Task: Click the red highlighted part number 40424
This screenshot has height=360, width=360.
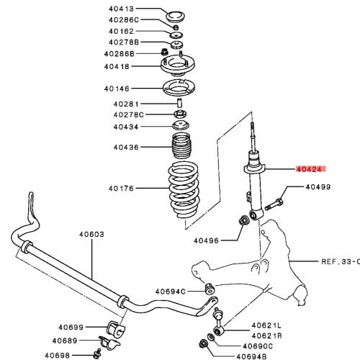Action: pyautogui.click(x=309, y=169)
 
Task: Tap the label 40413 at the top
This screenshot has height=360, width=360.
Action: pyautogui.click(x=121, y=9)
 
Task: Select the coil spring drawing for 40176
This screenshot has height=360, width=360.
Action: pyautogui.click(x=184, y=189)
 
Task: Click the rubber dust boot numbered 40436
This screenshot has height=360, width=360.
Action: pyautogui.click(x=181, y=145)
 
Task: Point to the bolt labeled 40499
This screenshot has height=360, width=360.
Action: pyautogui.click(x=274, y=204)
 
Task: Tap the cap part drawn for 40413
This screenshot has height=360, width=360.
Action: pyautogui.click(x=176, y=17)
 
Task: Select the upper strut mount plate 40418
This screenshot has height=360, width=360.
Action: pyautogui.click(x=178, y=64)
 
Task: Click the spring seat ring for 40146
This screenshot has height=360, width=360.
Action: pyautogui.click(x=179, y=88)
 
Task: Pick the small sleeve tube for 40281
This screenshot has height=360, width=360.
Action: pyautogui.click(x=179, y=103)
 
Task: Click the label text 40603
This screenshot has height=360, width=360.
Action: pyautogui.click(x=91, y=234)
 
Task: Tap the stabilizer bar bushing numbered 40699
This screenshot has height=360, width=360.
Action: pyautogui.click(x=116, y=327)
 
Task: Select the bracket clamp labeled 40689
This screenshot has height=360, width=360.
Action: pyautogui.click(x=109, y=341)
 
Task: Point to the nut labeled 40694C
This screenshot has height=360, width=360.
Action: pyautogui.click(x=210, y=289)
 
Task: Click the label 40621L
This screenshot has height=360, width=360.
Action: pyautogui.click(x=266, y=325)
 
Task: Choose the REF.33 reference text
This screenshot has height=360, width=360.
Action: pyautogui.click(x=341, y=261)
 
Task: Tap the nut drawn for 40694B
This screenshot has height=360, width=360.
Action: pyautogui.click(x=203, y=344)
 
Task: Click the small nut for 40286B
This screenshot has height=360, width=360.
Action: pyautogui.click(x=164, y=51)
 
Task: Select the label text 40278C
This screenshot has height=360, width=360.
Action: pyautogui.click(x=129, y=114)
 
